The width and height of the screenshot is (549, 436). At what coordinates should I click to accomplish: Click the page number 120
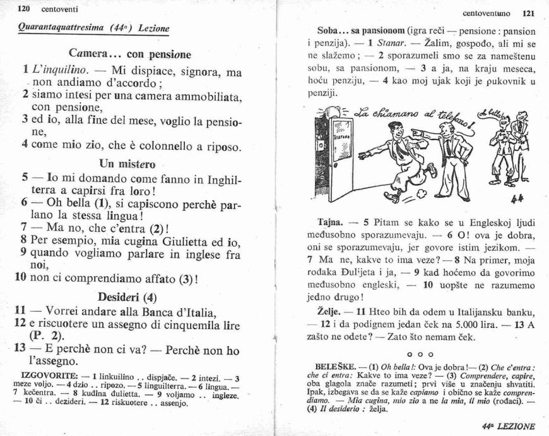point(25,9)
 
